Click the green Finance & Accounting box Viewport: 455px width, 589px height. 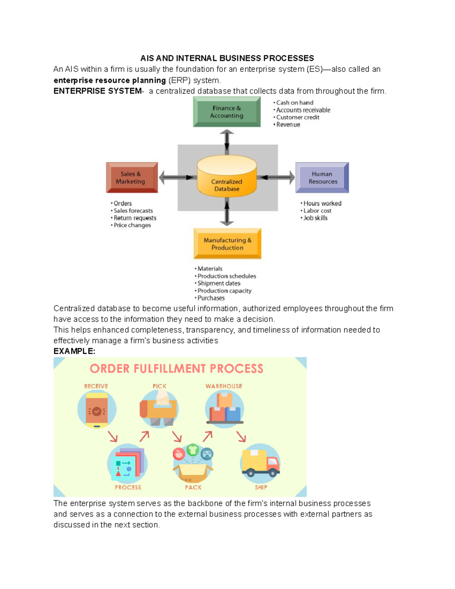click(x=227, y=112)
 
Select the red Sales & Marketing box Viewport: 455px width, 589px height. click(x=132, y=177)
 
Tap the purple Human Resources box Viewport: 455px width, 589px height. click(x=322, y=177)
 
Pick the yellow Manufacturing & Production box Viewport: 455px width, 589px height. click(x=227, y=243)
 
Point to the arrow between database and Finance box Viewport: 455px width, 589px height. click(x=227, y=141)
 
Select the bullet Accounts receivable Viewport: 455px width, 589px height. click(x=303, y=110)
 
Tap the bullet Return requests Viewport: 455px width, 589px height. click(x=135, y=218)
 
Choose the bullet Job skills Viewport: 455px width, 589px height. click(x=315, y=218)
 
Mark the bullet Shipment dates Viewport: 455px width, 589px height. click(x=219, y=283)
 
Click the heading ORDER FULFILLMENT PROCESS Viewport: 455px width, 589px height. click(x=176, y=369)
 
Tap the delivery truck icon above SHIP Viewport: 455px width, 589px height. click(x=260, y=462)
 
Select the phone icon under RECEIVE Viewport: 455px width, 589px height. click(x=97, y=410)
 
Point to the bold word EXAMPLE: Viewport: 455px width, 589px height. click(x=74, y=351)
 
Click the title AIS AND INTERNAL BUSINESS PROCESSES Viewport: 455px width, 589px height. click(x=227, y=58)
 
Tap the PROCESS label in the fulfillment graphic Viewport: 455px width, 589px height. click(x=128, y=487)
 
